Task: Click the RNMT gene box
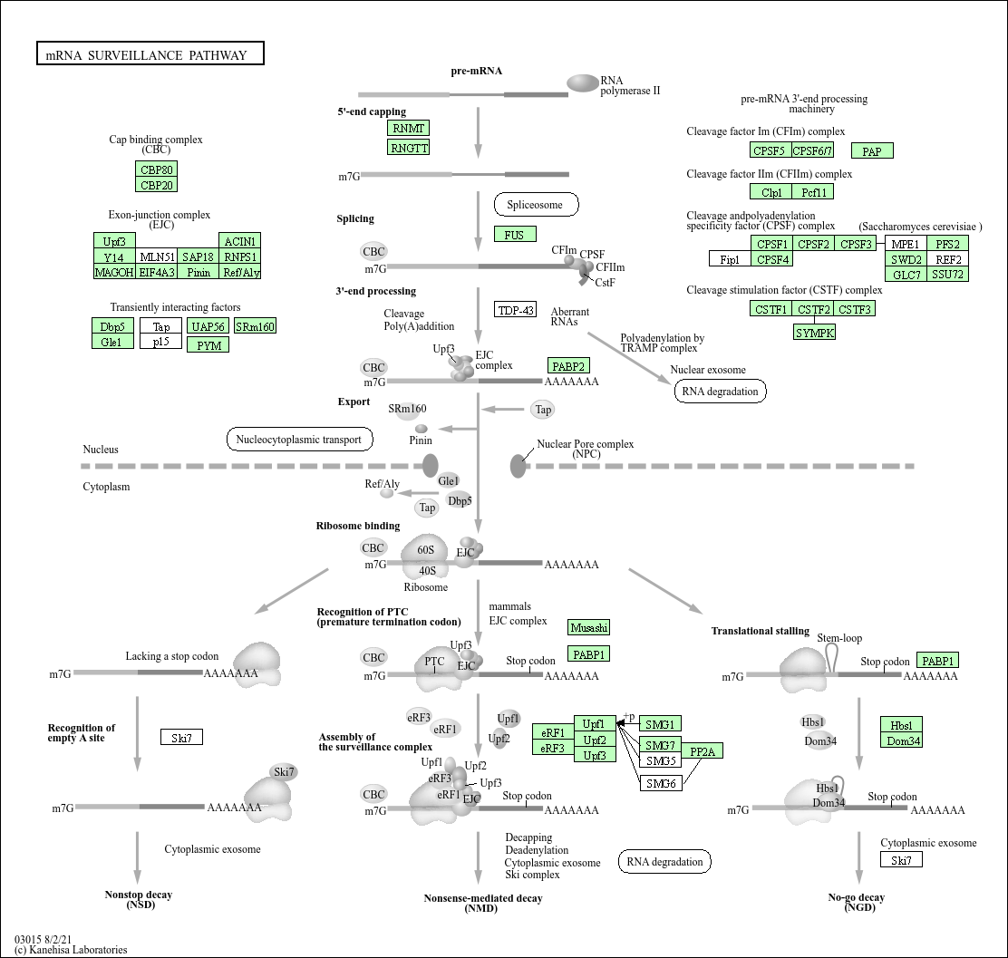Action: (x=408, y=129)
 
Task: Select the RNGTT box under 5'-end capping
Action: (x=408, y=148)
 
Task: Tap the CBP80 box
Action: (x=157, y=169)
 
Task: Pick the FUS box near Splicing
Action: (x=515, y=235)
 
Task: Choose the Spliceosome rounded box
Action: (x=535, y=205)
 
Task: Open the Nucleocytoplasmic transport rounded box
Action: (x=299, y=440)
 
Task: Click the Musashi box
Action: (x=589, y=627)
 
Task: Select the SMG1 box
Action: (x=660, y=724)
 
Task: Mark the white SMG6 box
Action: (x=661, y=783)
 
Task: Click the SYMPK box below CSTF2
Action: (x=814, y=333)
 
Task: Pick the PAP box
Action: (x=872, y=151)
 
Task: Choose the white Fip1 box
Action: (x=730, y=259)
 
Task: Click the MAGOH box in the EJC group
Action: (x=114, y=272)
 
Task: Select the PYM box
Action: (x=208, y=344)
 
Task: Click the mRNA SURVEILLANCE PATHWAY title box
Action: (x=150, y=54)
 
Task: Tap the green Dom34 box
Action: (x=903, y=740)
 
